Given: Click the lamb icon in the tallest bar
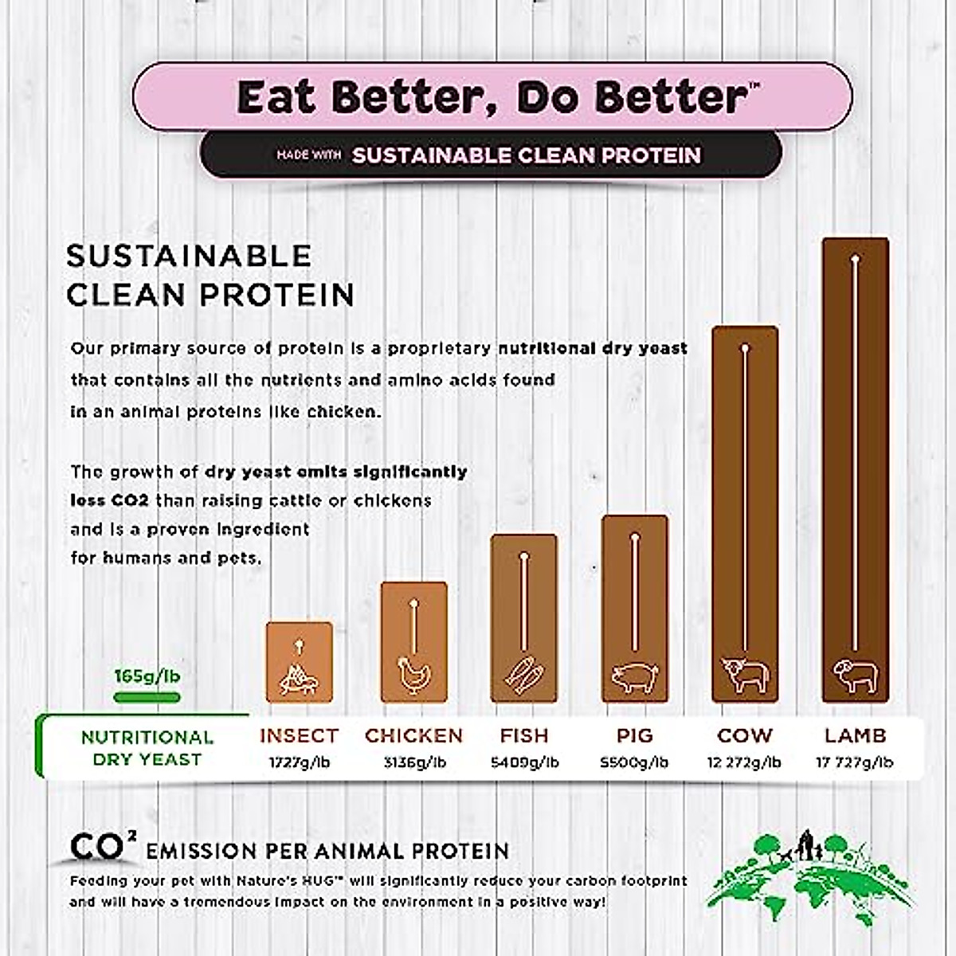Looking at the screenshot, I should coord(855,675).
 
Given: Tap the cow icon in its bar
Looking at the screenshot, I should coord(744,675).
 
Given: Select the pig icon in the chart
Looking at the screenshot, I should coord(634,677).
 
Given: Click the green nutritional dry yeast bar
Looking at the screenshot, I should coord(147,698).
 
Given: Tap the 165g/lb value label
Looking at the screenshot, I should coord(147,676).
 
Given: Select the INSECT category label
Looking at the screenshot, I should coord(299,735).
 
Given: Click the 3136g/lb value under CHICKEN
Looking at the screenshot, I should coord(413,762).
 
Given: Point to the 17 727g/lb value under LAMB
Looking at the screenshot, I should coord(854,762).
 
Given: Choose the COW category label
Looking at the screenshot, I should coord(744,735).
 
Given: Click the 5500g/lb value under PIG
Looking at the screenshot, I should coord(634,762).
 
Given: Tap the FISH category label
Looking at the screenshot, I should coord(523,735).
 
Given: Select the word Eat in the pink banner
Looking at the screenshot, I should coord(278,97).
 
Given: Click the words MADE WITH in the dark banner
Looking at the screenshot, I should coord(309,155).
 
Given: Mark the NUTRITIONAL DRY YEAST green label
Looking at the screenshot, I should coord(147,747).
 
